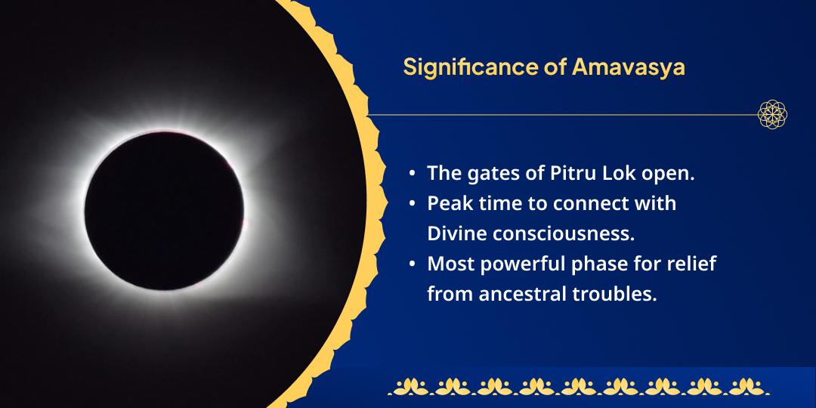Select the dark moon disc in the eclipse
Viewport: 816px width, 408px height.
tap(165, 210)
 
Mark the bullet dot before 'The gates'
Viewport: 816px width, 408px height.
tap(412, 174)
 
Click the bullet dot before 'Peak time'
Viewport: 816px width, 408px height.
tap(412, 204)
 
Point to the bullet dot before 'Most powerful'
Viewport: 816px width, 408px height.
tap(412, 264)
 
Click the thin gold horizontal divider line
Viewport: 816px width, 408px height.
tap(559, 116)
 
